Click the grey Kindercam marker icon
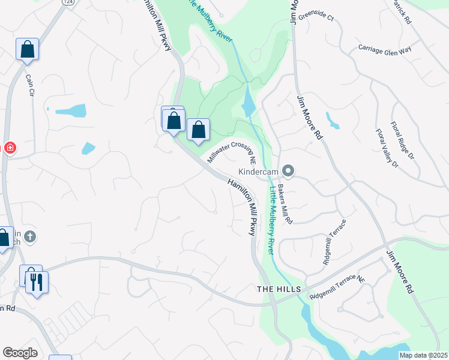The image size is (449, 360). pyautogui.click(x=288, y=172)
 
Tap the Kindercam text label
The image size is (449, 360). pyautogui.click(x=259, y=172)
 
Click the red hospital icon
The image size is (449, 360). pyautogui.click(x=10, y=148)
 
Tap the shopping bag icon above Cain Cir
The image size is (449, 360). pyautogui.click(x=28, y=49)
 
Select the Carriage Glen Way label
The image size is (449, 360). pyautogui.click(x=385, y=49)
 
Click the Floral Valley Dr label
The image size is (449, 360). pyautogui.click(x=387, y=148)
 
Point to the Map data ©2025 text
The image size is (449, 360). pyautogui.click(x=423, y=355)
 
